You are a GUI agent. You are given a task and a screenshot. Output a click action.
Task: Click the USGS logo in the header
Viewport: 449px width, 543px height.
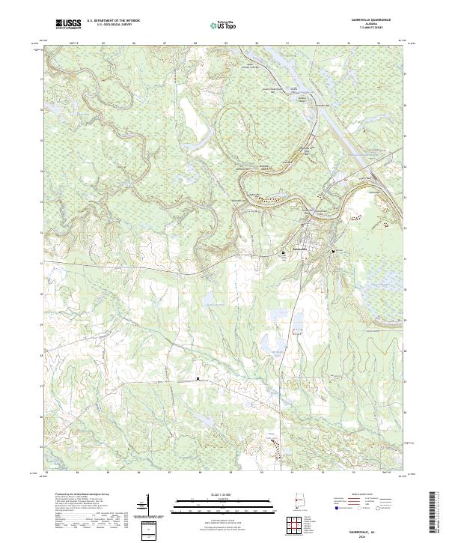pos(68,23)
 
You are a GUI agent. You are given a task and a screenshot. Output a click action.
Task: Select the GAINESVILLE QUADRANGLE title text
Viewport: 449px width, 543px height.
pos(374,21)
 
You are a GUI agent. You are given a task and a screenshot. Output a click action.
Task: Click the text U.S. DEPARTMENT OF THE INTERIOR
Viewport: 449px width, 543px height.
pos(113,22)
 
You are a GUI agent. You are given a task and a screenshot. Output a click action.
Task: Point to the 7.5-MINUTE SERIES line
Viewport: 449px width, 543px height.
pos(374,30)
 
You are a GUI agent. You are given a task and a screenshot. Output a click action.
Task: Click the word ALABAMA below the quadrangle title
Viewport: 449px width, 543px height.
pos(374,25)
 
